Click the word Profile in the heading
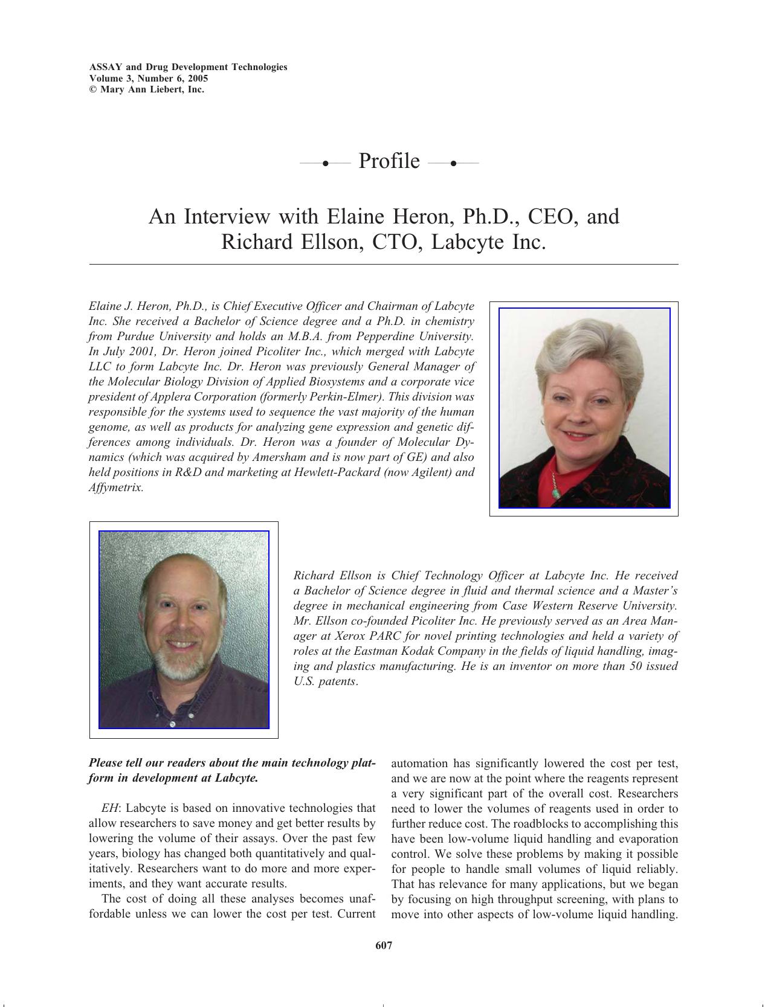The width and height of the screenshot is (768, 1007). [x=389, y=161]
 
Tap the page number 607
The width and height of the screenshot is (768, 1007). [x=384, y=945]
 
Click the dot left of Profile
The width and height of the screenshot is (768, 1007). [x=325, y=163]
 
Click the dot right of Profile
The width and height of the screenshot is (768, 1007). [x=453, y=163]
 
